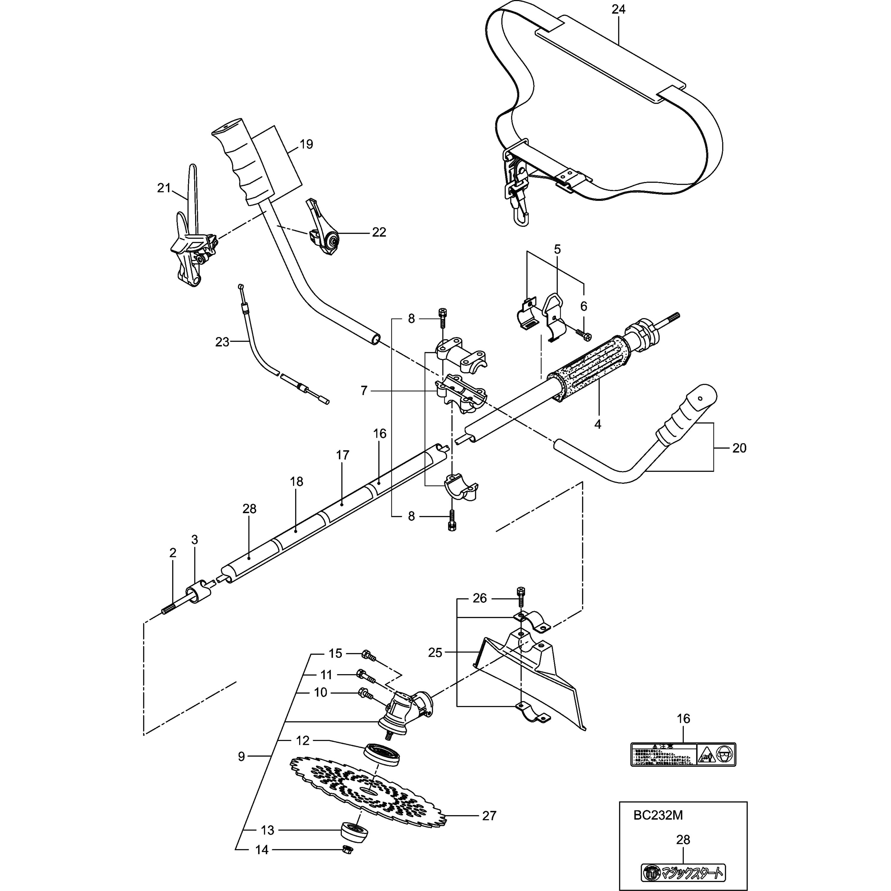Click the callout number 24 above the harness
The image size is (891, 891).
click(x=618, y=9)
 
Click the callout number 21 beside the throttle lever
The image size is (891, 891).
click(x=164, y=188)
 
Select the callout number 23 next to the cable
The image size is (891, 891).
click(x=222, y=342)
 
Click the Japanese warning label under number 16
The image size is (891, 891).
click(x=683, y=754)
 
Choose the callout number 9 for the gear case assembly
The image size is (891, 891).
click(x=241, y=756)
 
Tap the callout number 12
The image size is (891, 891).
click(x=303, y=741)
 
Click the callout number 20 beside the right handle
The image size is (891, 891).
click(x=739, y=448)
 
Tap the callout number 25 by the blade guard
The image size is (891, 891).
click(x=435, y=653)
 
